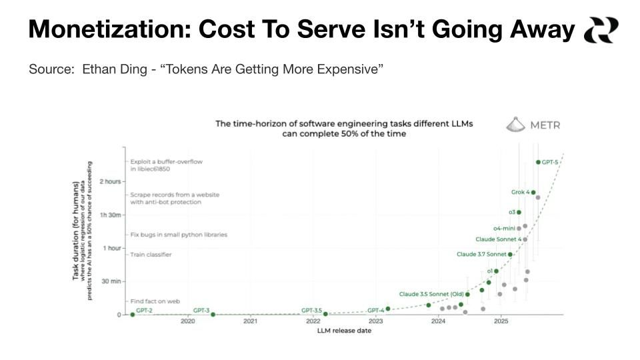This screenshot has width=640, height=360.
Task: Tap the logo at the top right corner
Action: [601, 30]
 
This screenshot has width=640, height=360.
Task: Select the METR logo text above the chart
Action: [544, 125]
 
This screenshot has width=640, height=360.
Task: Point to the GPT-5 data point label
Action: [550, 162]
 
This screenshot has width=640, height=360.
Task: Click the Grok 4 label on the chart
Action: [520, 193]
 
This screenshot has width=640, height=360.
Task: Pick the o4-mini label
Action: [504, 228]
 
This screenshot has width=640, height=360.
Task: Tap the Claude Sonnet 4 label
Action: [498, 239]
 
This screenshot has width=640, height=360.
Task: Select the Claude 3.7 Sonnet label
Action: [481, 254]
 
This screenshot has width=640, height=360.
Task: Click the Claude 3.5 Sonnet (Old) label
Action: [431, 294]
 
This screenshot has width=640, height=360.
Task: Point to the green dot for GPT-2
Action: [132, 315]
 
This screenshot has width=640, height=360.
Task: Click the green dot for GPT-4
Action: [388, 309]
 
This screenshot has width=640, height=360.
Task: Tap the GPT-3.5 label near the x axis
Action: [311, 310]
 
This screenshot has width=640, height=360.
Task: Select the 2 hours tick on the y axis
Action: [110, 181]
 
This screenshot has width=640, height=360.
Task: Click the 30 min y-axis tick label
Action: [111, 281]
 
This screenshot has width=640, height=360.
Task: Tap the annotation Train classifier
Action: [151, 255]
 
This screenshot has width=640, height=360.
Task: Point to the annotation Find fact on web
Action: [155, 301]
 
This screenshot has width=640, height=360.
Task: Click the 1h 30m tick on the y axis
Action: [110, 215]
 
